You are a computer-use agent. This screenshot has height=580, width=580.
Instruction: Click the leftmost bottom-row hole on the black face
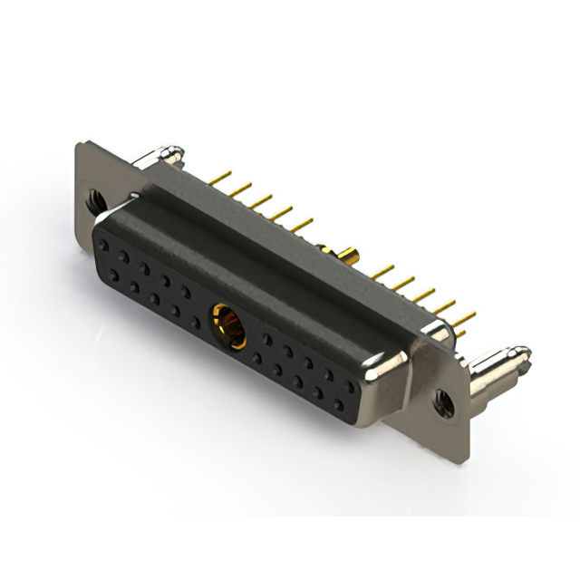point(115,273)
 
